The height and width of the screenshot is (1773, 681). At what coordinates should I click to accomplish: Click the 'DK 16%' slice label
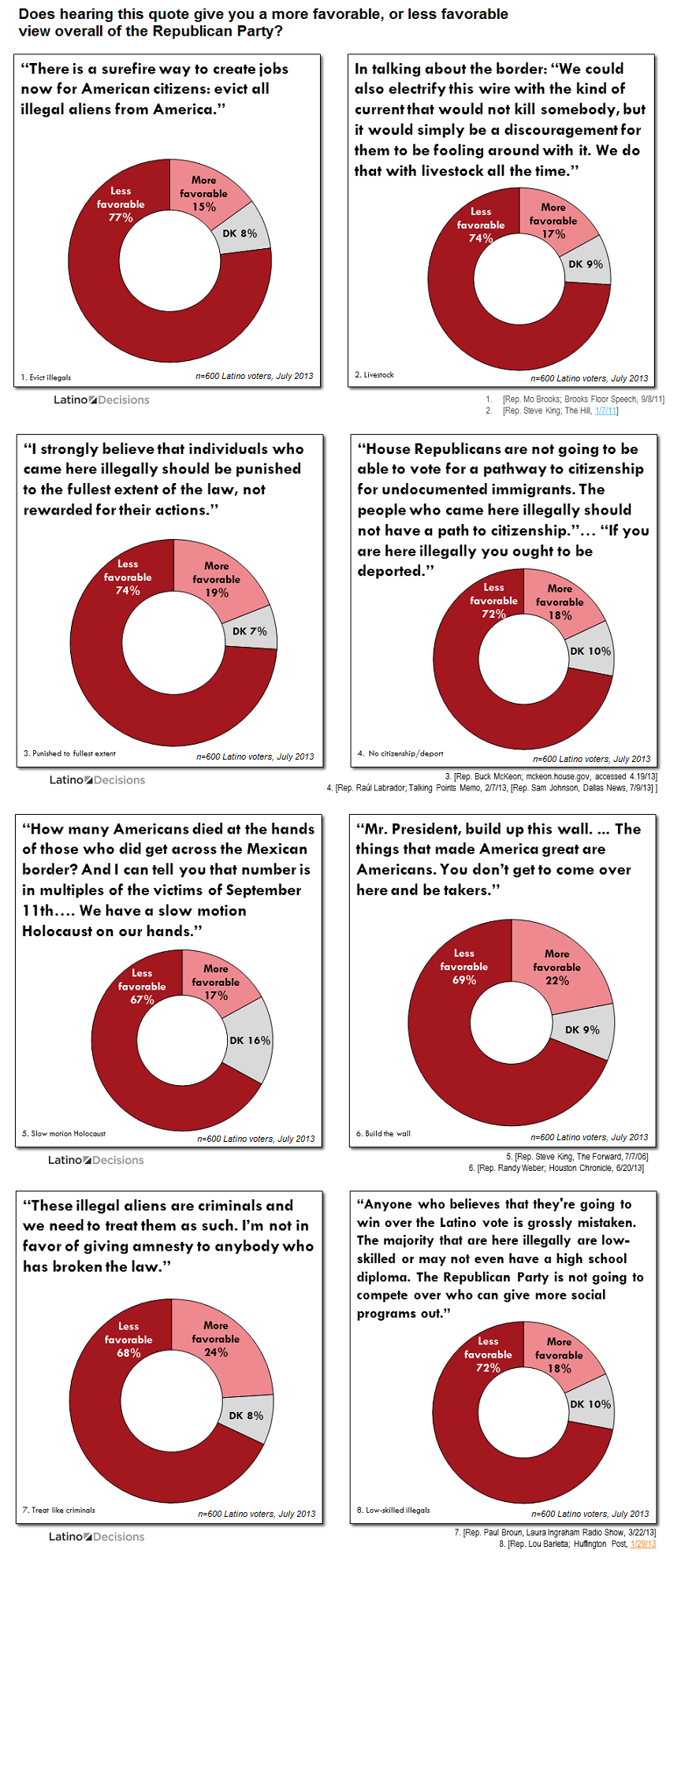pyautogui.click(x=250, y=1040)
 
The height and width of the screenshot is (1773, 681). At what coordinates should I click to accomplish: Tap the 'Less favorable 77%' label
pyautogui.click(x=121, y=204)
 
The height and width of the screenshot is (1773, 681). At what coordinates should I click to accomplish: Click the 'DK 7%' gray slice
pyautogui.click(x=249, y=631)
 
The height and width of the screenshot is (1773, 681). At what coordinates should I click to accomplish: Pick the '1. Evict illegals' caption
pyautogui.click(x=47, y=377)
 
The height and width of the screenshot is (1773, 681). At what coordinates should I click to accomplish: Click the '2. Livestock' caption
pyautogui.click(x=374, y=374)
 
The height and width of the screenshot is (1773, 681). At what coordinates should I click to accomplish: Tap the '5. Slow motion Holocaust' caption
pyautogui.click(x=64, y=1133)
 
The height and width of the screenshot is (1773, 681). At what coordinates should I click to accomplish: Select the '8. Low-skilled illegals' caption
pyautogui.click(x=393, y=1510)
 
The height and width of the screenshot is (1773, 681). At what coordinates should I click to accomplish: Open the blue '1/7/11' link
pyautogui.click(x=606, y=411)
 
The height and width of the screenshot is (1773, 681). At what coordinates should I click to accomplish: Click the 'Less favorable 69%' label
pyautogui.click(x=463, y=967)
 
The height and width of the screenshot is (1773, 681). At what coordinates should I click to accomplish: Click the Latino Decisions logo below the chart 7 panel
pyautogui.click(x=97, y=1537)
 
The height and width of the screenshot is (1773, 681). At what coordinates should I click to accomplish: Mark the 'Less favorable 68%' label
pyautogui.click(x=128, y=1340)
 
